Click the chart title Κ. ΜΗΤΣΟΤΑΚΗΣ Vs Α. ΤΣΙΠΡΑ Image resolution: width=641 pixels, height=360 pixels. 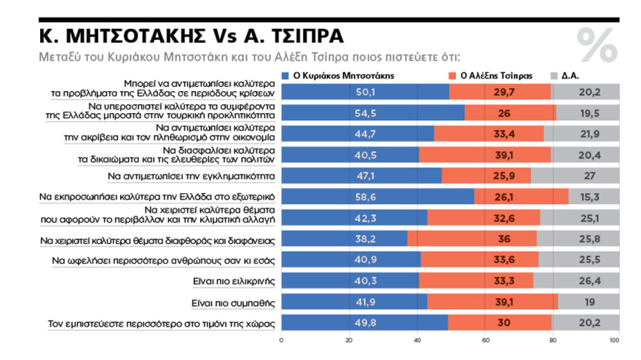coord(183,36)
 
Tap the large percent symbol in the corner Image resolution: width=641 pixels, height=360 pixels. coord(597,44)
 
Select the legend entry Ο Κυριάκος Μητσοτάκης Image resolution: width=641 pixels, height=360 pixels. coord(332,75)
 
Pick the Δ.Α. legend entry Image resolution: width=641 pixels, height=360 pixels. coord(570,75)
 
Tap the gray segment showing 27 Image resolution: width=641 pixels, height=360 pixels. coord(591,176)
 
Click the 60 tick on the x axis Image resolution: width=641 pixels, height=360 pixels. coord(484,340)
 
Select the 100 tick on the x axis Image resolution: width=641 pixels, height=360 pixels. coord(618,340)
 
